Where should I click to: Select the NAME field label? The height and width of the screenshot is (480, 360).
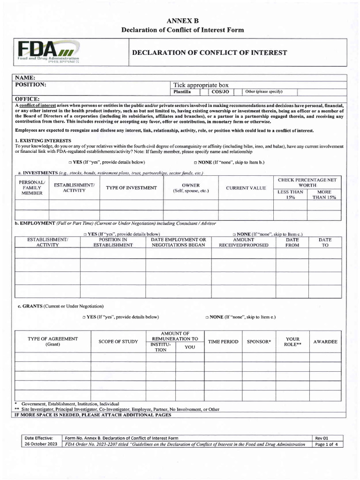(x=25, y=77)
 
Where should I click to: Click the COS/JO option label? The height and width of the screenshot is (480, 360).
(x=220, y=92)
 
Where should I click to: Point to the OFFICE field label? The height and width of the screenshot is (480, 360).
(x=27, y=99)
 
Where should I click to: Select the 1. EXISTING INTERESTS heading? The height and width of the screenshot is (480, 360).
(x=43, y=141)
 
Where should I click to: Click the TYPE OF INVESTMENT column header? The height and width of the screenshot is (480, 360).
(x=131, y=188)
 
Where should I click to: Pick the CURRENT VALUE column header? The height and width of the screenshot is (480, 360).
(x=246, y=188)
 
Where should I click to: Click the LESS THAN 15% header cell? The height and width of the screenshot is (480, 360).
(x=290, y=195)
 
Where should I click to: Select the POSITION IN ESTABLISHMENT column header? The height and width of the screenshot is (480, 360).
(x=112, y=242)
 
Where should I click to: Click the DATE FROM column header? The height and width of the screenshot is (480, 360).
(x=292, y=242)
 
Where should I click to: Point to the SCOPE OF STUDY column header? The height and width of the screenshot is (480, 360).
(x=118, y=342)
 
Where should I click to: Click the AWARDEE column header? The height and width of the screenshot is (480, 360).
(x=325, y=342)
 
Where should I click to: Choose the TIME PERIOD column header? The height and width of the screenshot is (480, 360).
(x=223, y=342)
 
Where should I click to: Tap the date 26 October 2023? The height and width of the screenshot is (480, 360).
(x=42, y=444)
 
